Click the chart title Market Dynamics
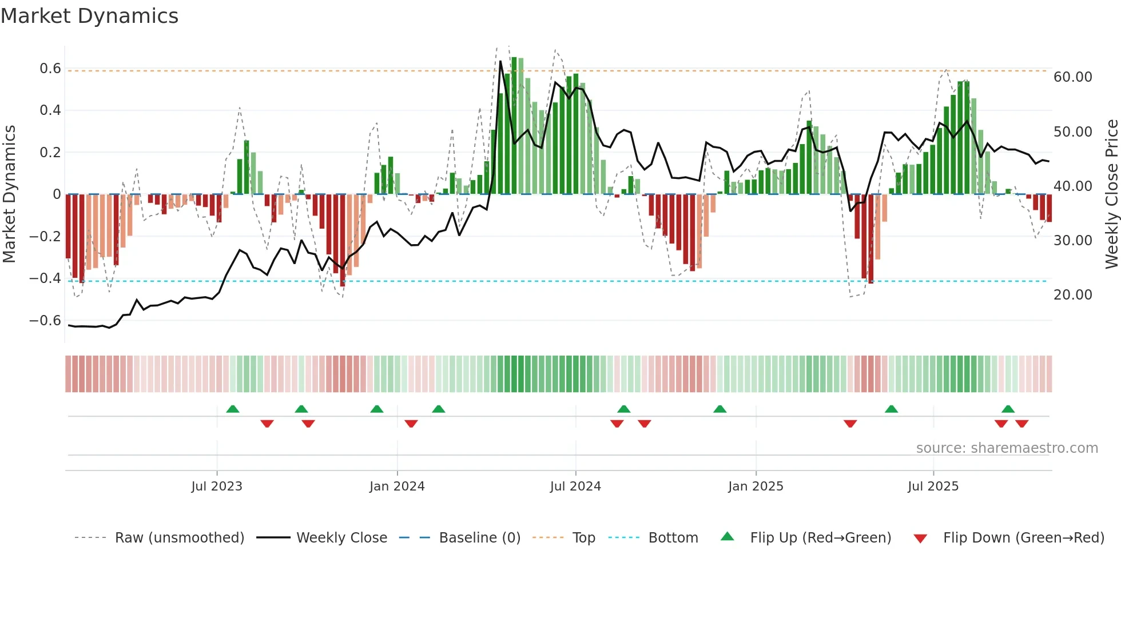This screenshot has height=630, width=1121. [89, 16]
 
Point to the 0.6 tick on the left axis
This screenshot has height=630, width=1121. [50, 69]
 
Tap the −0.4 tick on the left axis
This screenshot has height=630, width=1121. [45, 278]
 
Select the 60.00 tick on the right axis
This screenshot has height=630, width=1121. [1073, 77]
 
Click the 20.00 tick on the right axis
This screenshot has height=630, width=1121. [1073, 295]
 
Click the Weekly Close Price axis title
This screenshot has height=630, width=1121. [1111, 194]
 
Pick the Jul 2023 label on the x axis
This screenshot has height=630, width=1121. [217, 487]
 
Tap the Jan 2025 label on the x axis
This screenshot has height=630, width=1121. [756, 487]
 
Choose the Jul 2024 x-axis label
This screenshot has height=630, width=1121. [575, 487]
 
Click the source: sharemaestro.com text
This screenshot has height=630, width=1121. [1007, 448]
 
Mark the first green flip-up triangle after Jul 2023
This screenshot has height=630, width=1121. [233, 409]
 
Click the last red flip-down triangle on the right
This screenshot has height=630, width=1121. [1022, 424]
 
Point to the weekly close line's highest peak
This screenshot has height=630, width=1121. [500, 61]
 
